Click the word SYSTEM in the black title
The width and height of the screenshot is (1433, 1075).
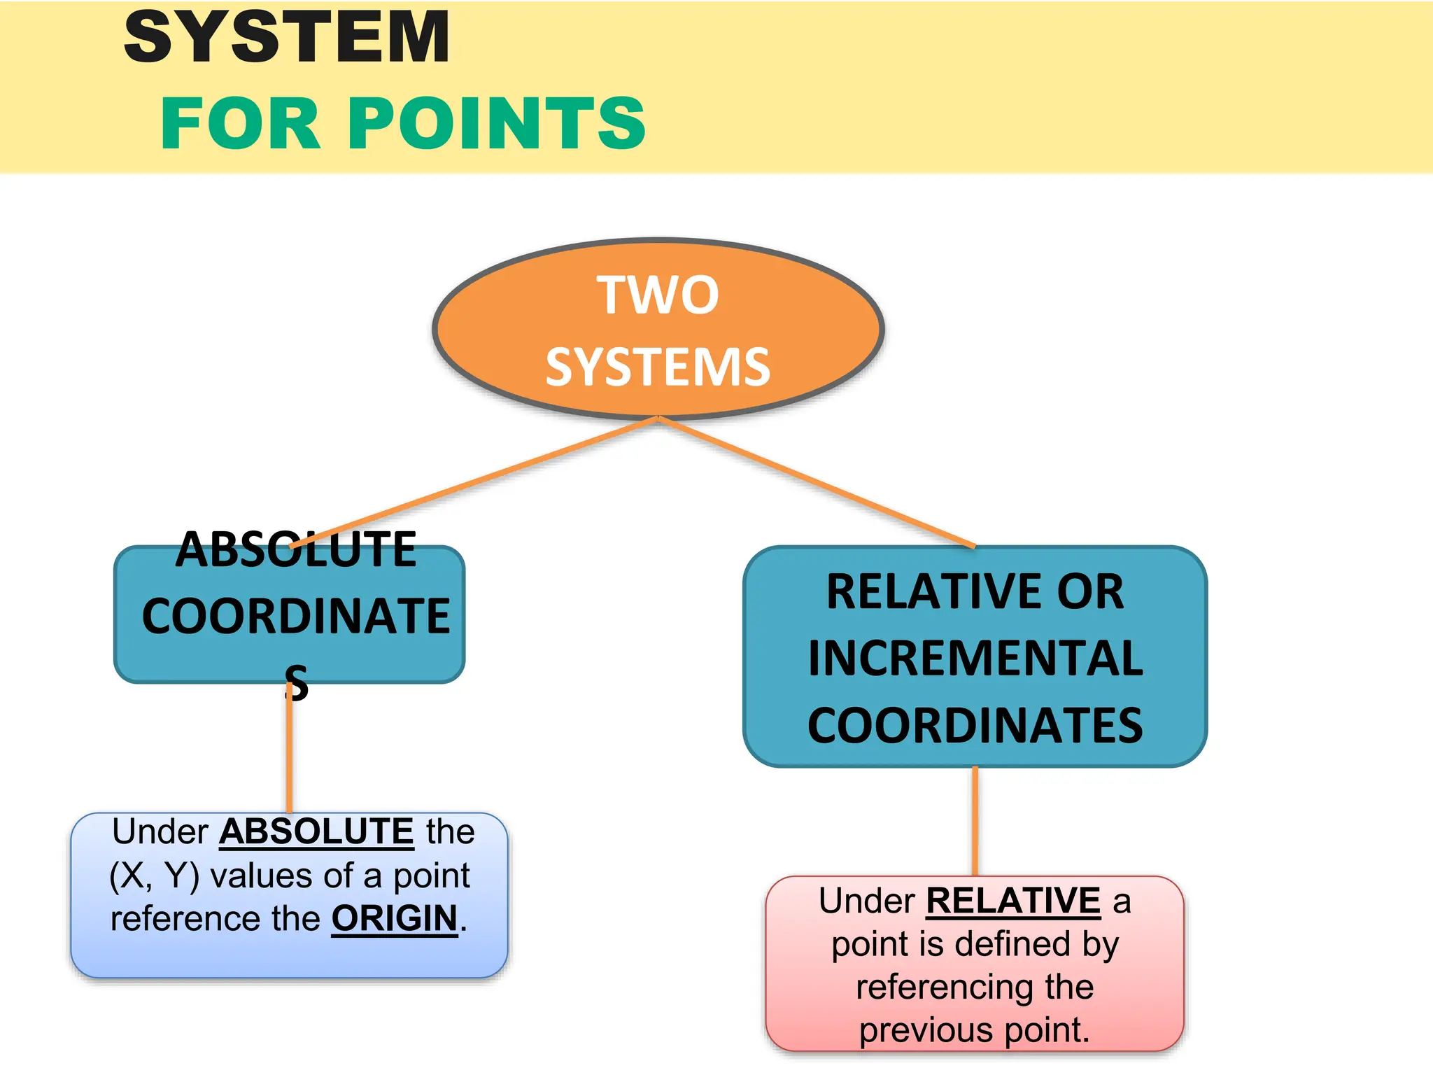[x=287, y=38]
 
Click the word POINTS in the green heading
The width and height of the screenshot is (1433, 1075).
[x=496, y=125]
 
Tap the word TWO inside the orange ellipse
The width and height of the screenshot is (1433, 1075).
[x=658, y=295]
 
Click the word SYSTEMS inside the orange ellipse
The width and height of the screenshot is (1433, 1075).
[x=658, y=367]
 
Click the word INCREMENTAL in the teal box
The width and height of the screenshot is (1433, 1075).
[x=975, y=659]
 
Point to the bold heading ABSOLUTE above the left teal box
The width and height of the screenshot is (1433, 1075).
[x=296, y=549]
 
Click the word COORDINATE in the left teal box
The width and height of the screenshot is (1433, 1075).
[x=296, y=617]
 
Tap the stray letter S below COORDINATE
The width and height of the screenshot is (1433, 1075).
[x=297, y=683]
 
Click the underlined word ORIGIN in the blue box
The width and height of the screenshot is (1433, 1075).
[x=394, y=918]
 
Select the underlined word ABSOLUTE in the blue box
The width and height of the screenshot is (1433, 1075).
[x=316, y=831]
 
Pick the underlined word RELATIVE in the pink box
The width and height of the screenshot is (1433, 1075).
[x=1013, y=901]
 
